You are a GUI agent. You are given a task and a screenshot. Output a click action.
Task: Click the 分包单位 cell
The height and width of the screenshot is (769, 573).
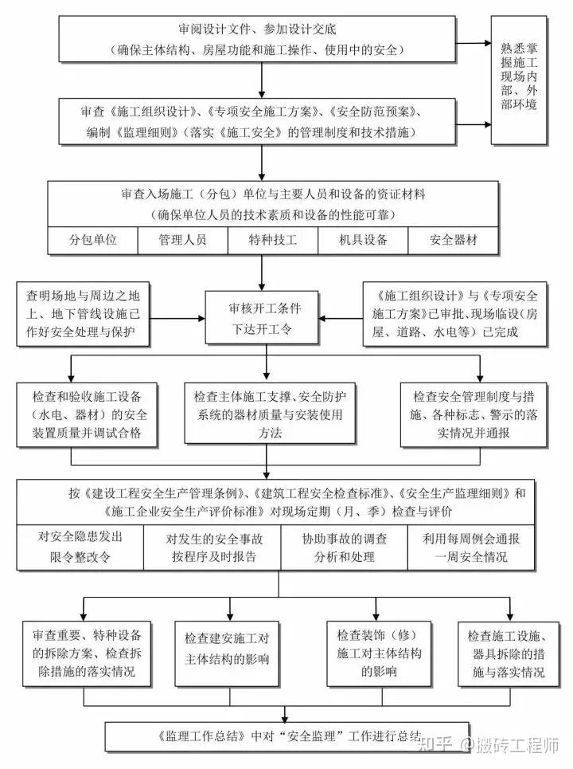point(93,240)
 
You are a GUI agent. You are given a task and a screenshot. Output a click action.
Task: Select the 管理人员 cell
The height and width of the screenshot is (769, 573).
point(183,240)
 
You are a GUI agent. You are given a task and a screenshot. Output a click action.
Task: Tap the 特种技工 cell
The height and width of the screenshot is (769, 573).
point(273,240)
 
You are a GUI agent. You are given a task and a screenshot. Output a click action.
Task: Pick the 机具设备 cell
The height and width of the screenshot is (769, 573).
point(363,240)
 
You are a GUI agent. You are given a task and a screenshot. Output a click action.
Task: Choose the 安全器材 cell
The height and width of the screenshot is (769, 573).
point(454,240)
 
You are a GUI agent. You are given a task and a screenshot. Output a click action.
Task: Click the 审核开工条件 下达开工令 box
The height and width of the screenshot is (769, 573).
point(254,316)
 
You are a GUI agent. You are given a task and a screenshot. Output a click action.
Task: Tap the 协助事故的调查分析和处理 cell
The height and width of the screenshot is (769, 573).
point(343,547)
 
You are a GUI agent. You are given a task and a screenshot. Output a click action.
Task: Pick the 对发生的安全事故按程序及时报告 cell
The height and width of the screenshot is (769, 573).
point(212,547)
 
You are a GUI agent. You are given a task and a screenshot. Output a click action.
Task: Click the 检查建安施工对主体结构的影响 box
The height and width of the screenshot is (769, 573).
point(227,650)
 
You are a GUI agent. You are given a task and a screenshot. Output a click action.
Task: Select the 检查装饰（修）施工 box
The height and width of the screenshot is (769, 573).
point(367,653)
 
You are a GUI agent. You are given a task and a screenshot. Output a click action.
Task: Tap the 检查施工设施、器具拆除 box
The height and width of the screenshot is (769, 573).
point(506,653)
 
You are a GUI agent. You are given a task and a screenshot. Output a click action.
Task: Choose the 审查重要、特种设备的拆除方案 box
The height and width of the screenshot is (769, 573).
point(88,653)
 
